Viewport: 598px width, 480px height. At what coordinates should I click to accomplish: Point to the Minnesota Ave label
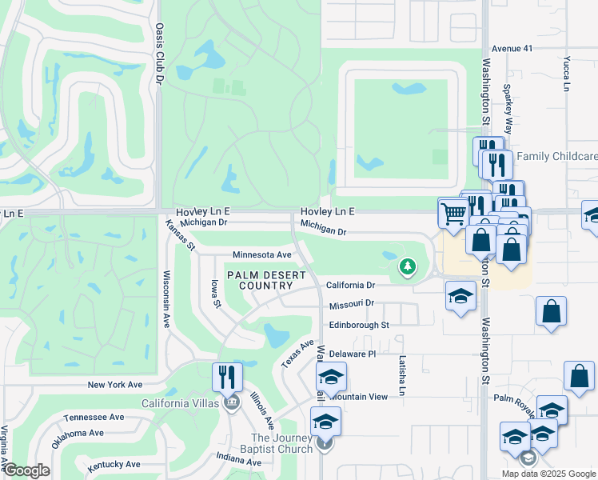coord(262,255)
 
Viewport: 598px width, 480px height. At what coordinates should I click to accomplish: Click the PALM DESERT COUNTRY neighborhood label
coord(266,280)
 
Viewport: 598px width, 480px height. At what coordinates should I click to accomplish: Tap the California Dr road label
coord(351,286)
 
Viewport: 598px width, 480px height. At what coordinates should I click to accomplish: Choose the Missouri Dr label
coord(351,305)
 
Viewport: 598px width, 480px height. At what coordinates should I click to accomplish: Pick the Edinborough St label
coord(358,326)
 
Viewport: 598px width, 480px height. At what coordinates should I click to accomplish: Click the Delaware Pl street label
coord(352,354)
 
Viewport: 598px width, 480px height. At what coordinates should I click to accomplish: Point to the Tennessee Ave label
coord(94,417)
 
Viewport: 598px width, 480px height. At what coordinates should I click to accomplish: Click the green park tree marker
coord(408,266)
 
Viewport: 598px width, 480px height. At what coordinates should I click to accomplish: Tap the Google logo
coord(26,470)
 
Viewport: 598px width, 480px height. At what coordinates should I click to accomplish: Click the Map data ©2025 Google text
coord(548,474)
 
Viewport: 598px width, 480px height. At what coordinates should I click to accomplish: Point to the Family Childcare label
coord(557,156)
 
